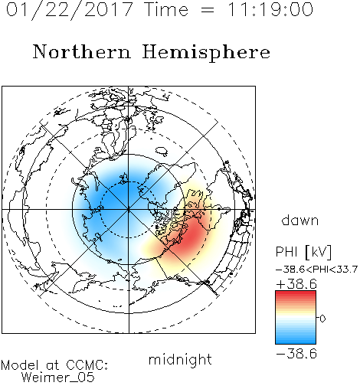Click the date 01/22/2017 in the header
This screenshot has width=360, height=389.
[70, 10]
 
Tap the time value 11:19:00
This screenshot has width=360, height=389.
[270, 9]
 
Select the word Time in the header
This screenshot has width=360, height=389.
[166, 9]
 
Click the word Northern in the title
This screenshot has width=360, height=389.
[81, 51]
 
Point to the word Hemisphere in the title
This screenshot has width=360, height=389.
[206, 52]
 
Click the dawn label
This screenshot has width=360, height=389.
[300, 220]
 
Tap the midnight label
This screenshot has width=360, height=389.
[180, 359]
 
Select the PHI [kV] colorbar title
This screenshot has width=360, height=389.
[303, 252]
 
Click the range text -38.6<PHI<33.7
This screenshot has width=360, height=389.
[316, 270]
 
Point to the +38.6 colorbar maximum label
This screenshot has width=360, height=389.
[296, 284]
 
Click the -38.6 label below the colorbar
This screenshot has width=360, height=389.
[296, 354]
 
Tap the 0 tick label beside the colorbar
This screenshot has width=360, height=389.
[322, 319]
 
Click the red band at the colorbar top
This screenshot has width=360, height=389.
[296, 293]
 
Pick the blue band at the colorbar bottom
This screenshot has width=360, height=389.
[296, 341]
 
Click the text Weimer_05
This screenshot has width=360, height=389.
[58, 378]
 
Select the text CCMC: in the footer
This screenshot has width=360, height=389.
[87, 365]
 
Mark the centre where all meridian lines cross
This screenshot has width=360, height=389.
[129, 210]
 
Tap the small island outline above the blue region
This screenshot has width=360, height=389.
[162, 151]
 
